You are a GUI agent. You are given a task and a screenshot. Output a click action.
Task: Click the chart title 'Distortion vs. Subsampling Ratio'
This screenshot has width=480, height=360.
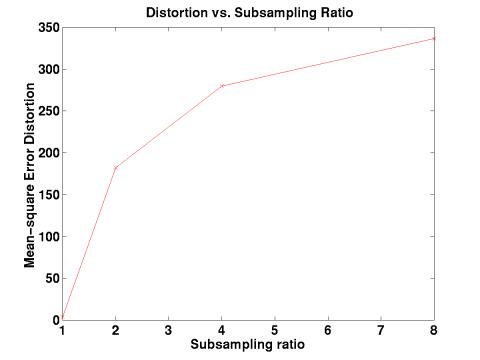point(249,12)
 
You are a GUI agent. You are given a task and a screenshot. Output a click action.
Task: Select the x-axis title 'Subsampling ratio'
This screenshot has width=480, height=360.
point(249,344)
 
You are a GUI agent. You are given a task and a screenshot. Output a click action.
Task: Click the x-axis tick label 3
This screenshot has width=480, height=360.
point(169,330)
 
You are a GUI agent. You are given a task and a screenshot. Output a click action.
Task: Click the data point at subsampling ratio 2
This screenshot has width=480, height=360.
point(116,168)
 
